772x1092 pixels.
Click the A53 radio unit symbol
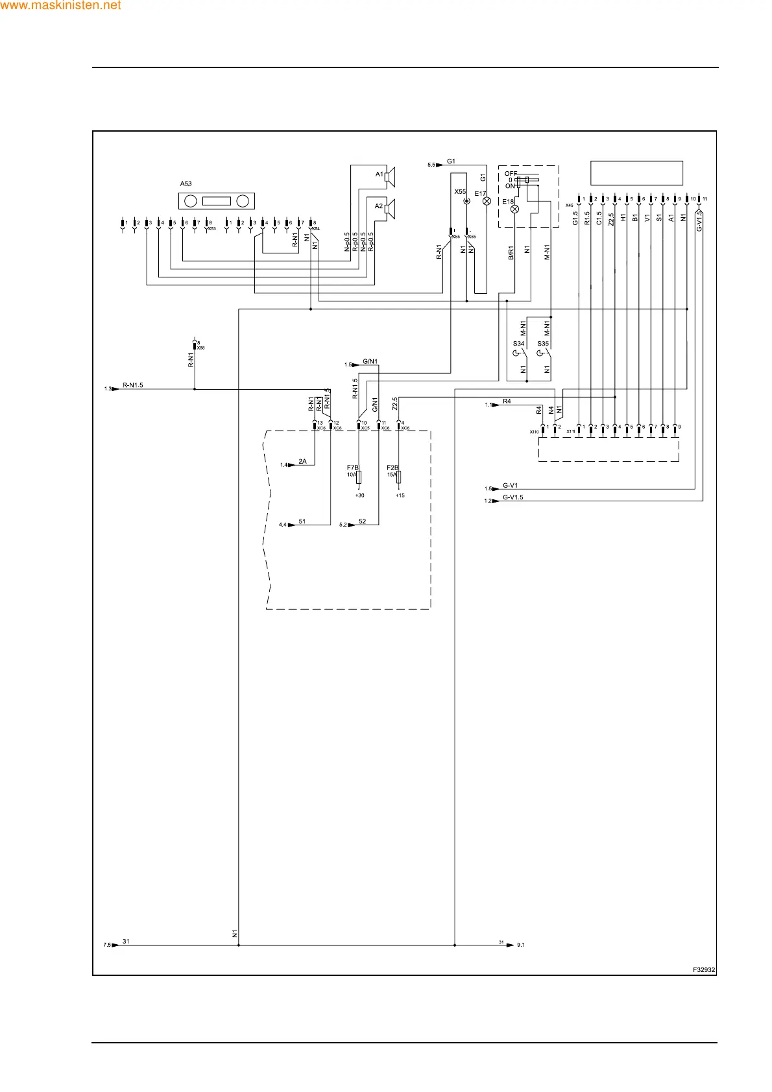216,201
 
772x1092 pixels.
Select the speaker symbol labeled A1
389,176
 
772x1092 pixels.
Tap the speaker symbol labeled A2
389,208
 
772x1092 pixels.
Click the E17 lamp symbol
487,202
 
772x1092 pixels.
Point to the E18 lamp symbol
515,209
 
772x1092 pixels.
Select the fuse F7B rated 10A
359,477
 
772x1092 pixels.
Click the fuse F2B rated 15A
399,477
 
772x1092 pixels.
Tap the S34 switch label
518,344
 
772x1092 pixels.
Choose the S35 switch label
543,344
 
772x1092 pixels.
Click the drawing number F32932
703,970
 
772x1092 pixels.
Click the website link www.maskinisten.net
60,6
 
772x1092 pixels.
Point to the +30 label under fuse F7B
359,495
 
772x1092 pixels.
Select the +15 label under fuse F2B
400,495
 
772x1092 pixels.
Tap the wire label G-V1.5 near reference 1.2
513,497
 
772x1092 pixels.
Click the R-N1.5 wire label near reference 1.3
132,385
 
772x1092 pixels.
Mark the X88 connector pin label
200,348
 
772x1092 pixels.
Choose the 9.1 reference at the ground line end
520,945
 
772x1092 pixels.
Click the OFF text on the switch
511,174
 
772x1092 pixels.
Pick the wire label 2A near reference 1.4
302,462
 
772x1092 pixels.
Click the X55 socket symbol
466,202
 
